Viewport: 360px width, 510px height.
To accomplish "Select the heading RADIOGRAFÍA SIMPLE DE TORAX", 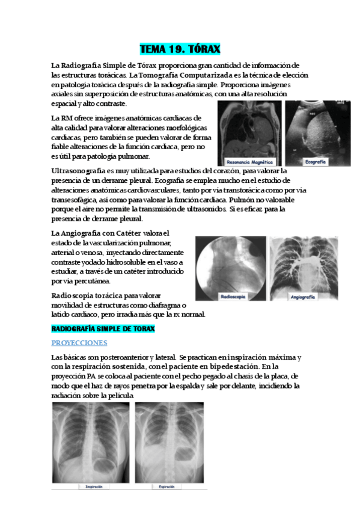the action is (103, 329).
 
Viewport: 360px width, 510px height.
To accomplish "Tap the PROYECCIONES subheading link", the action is (79, 343).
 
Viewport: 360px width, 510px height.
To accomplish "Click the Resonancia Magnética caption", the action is (249, 162).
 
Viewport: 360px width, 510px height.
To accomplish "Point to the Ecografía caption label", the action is (316, 162).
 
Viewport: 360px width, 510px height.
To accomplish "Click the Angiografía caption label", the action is (303, 296).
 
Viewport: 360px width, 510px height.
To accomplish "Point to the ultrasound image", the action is (316, 129).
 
